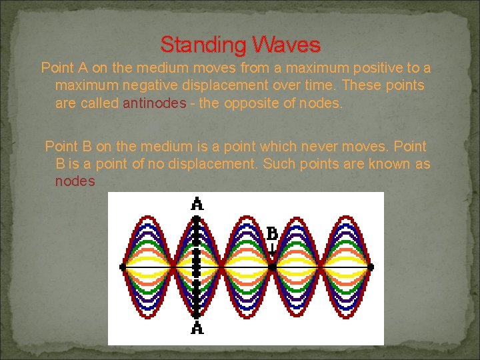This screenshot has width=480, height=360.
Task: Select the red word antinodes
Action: [x=155, y=104]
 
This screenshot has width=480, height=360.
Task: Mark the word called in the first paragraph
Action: [x=101, y=104]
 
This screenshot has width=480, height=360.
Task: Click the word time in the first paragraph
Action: [x=312, y=86]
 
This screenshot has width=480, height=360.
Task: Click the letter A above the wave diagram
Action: [x=197, y=203]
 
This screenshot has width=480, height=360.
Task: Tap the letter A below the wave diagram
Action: [x=197, y=328]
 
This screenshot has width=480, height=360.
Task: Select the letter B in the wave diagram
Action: [x=272, y=233]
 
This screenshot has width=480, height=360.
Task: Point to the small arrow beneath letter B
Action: [x=272, y=250]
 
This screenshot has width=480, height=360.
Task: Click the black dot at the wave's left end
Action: [x=122, y=266]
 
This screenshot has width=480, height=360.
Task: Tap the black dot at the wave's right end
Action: [x=371, y=266]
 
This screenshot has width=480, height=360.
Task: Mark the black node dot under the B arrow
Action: [x=272, y=266]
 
